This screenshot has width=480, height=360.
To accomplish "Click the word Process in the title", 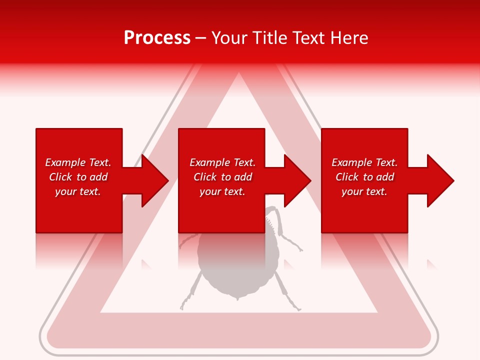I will pos(157,37).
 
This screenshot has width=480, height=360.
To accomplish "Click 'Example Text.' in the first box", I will pos(78,162).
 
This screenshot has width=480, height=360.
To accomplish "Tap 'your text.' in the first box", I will pos(78,191).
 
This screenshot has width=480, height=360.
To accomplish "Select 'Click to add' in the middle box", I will pos(222,177).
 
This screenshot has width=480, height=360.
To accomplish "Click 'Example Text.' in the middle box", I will pos(222,162).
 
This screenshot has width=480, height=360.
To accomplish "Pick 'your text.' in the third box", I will pos(364,191).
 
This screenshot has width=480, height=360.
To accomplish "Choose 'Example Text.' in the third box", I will pos(364,162).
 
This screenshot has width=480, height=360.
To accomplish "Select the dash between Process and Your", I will pos(201,38).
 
